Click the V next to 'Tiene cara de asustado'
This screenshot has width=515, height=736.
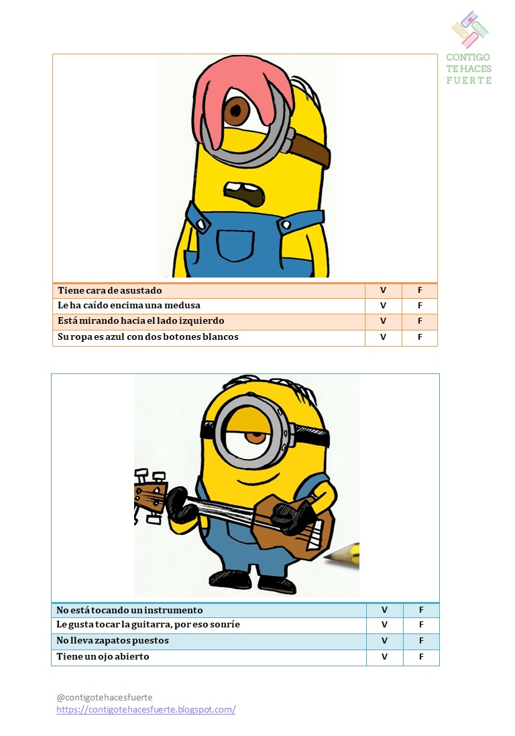point(383,290)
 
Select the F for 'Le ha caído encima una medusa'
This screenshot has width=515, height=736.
point(420,306)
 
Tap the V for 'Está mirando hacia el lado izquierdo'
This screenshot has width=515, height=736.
point(383,321)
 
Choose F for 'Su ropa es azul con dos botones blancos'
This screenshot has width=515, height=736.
point(420,337)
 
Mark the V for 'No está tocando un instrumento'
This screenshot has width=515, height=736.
point(384,610)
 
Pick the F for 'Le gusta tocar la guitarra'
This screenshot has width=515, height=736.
point(421,625)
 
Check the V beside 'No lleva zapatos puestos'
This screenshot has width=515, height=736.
point(384,641)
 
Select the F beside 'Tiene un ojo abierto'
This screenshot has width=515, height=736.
point(421,657)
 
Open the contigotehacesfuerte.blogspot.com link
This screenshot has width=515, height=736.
point(146,709)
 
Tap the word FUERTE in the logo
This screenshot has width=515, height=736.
point(469,80)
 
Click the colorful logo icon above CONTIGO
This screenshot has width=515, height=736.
point(469,29)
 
